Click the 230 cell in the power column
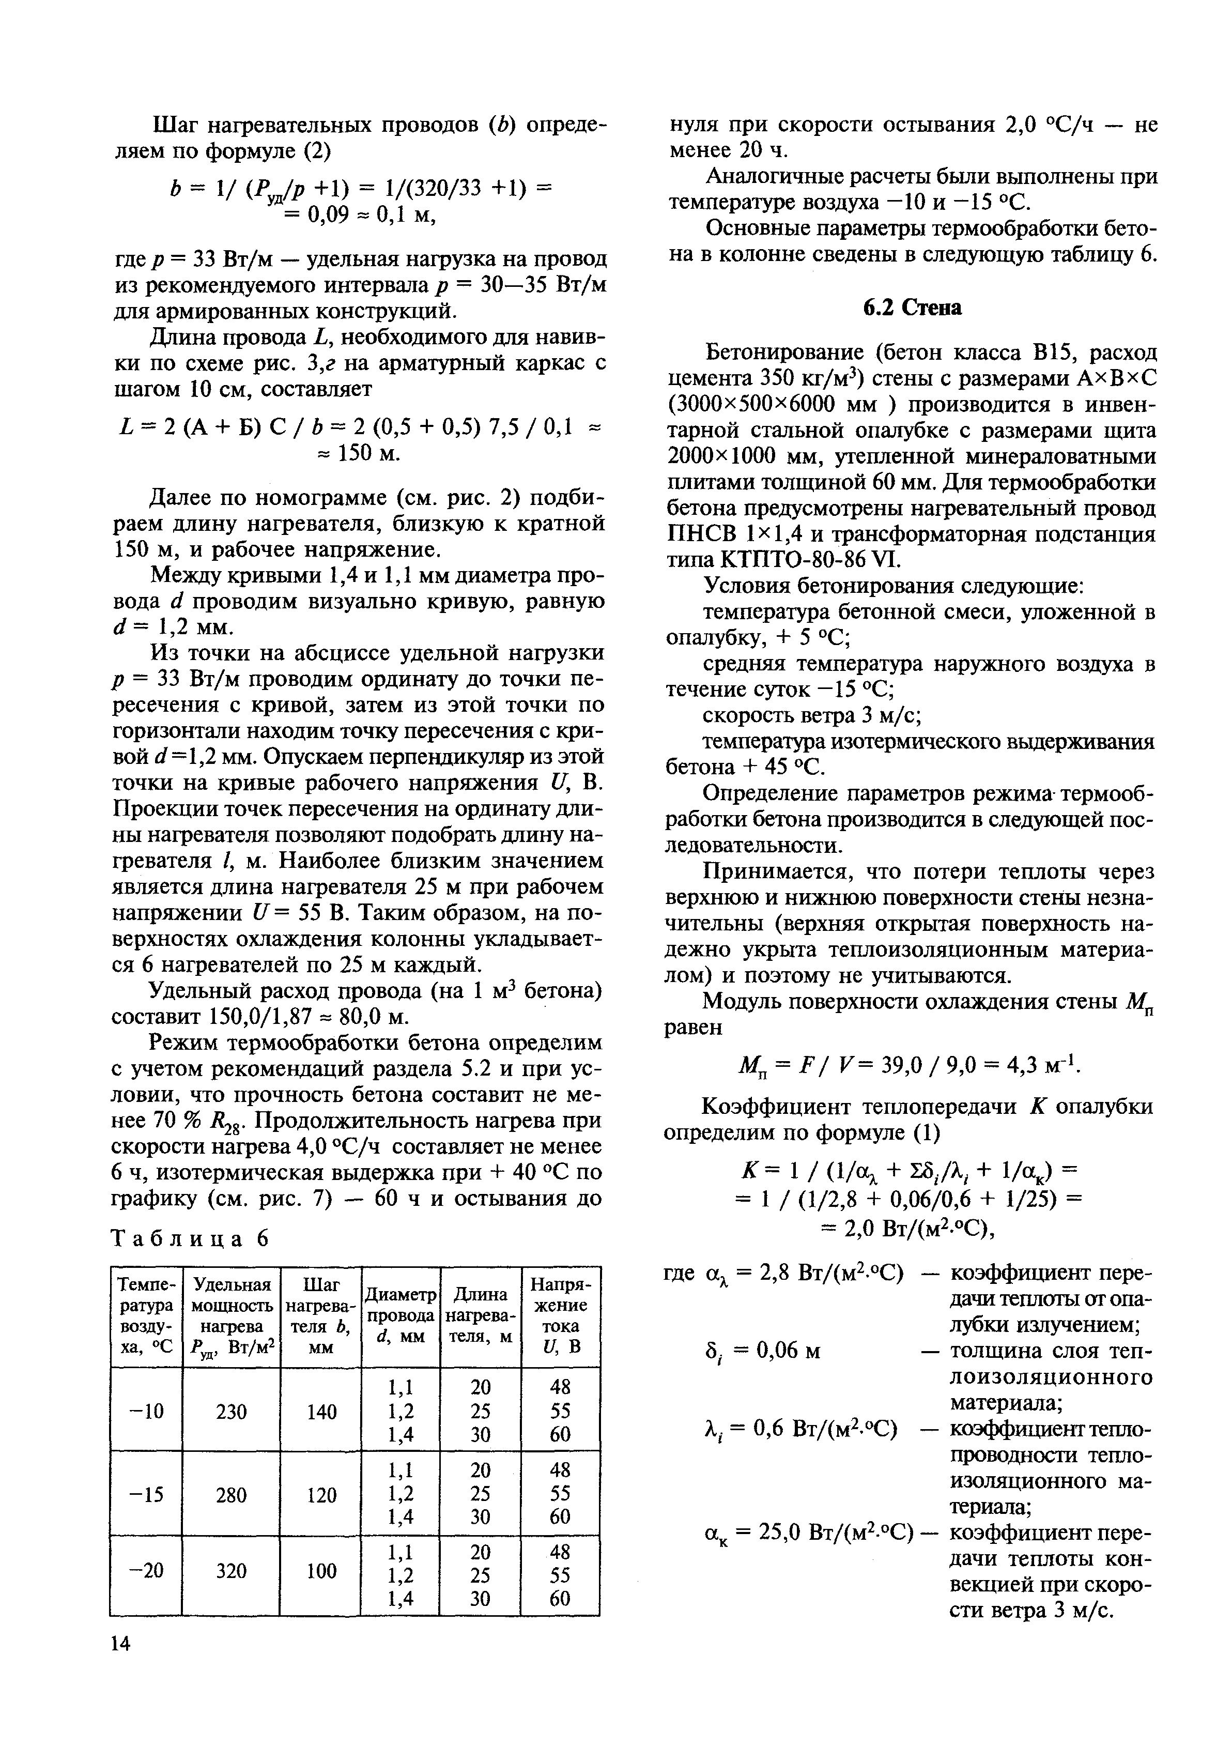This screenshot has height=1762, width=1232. click(232, 1411)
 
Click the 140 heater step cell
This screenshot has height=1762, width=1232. click(321, 1411)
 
